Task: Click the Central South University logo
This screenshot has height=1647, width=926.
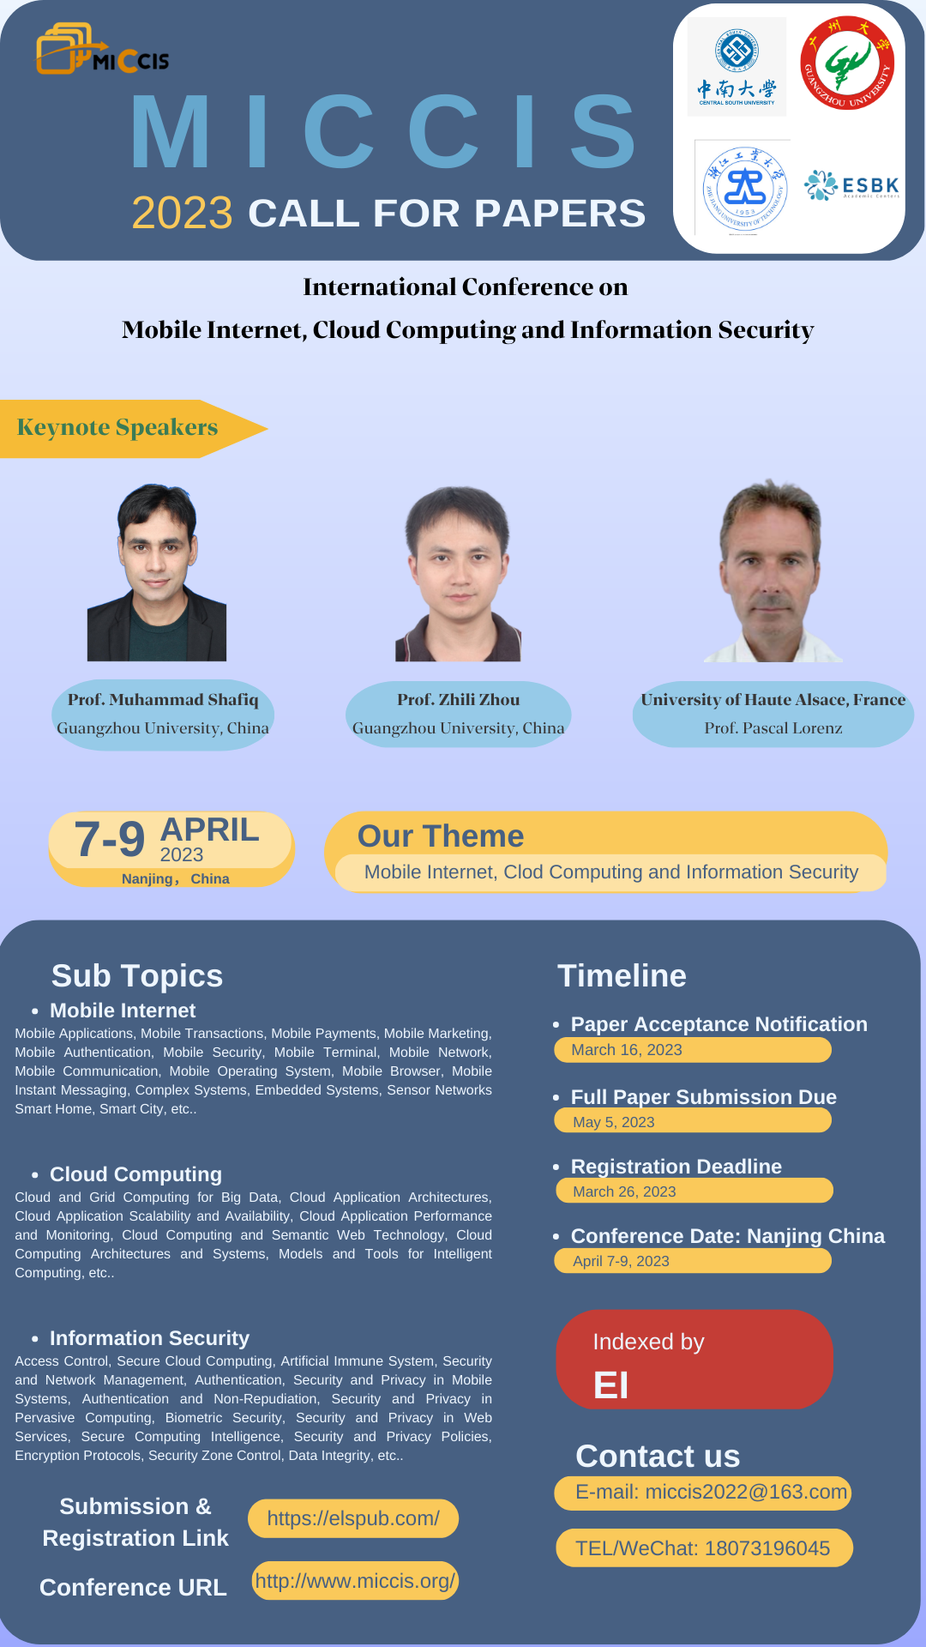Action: pyautogui.click(x=737, y=67)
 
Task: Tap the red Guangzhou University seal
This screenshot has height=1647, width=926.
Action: pyautogui.click(x=847, y=63)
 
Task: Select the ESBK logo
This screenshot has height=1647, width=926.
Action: pyautogui.click(x=851, y=185)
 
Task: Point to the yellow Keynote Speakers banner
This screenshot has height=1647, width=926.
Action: pyautogui.click(x=133, y=428)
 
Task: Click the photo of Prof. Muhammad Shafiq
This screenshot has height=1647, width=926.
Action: pyautogui.click(x=157, y=572)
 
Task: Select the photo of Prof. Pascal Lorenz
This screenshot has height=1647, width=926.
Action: pyautogui.click(x=773, y=570)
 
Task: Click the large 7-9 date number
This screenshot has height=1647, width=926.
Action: pyautogui.click(x=110, y=838)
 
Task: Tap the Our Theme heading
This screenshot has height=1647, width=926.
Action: pyautogui.click(x=441, y=836)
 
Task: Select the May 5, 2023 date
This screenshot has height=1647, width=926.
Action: pyautogui.click(x=614, y=1122)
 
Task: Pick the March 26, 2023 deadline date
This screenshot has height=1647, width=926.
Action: pyautogui.click(x=624, y=1192)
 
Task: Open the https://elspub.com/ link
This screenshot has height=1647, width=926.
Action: pyautogui.click(x=353, y=1518)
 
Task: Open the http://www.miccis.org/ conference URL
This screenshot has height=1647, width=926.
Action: pyautogui.click(x=355, y=1581)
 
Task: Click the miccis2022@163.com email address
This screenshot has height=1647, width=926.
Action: pyautogui.click(x=746, y=1492)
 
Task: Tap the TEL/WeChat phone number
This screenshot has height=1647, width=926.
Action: pyautogui.click(x=767, y=1548)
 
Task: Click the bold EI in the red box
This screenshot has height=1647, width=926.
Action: pyautogui.click(x=611, y=1385)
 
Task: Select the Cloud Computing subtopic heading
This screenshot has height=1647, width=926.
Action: pyautogui.click(x=135, y=1174)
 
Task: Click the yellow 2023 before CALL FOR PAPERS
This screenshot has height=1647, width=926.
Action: pyautogui.click(x=182, y=213)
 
